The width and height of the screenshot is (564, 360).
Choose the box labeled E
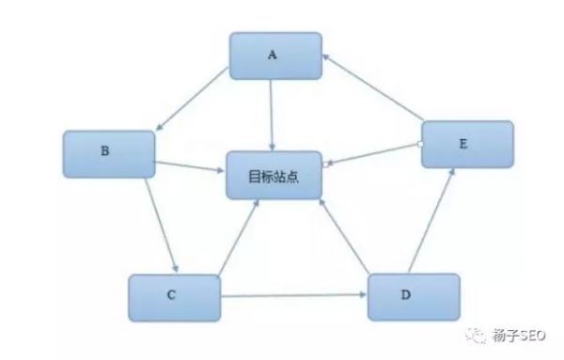click(x=467, y=145)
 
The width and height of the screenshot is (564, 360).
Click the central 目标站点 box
click(x=274, y=175)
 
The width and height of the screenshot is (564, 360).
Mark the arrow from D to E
click(x=434, y=222)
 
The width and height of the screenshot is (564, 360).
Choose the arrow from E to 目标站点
click(x=372, y=154)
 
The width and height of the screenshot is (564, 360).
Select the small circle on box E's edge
click(x=420, y=144)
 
